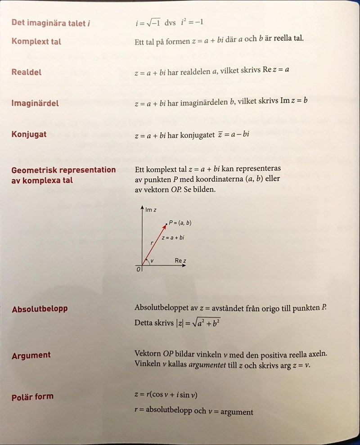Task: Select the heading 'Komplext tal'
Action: [x=36, y=41]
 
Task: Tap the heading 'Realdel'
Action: [x=27, y=72]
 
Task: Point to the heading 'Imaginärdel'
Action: [x=35, y=103]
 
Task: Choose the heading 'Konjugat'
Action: [x=29, y=134]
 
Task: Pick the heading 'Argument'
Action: [x=31, y=355]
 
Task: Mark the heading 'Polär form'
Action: [x=32, y=397]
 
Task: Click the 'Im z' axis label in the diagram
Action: [x=151, y=210]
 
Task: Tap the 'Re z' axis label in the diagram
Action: [x=181, y=261]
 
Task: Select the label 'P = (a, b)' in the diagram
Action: [x=180, y=223]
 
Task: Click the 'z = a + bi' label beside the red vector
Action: [x=173, y=237]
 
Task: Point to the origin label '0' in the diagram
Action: [x=139, y=270]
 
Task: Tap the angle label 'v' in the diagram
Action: [x=152, y=261]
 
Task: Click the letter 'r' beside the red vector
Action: [x=152, y=243]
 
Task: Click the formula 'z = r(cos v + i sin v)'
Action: [x=166, y=395]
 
